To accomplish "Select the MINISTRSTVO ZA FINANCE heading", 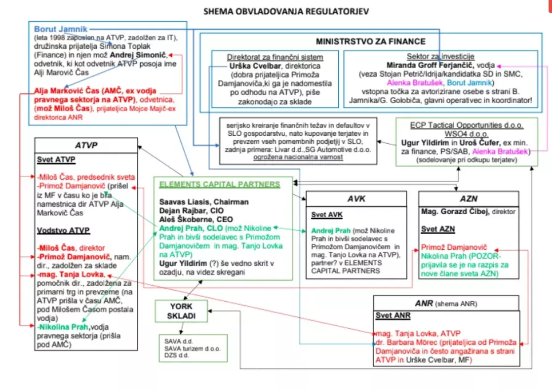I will [x=370, y=41].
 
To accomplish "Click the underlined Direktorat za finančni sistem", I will [x=275, y=57].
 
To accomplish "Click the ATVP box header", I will [x=86, y=146].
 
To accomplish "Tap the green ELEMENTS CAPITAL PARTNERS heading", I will [x=219, y=184].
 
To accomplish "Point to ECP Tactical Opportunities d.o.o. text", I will [x=467, y=125].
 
